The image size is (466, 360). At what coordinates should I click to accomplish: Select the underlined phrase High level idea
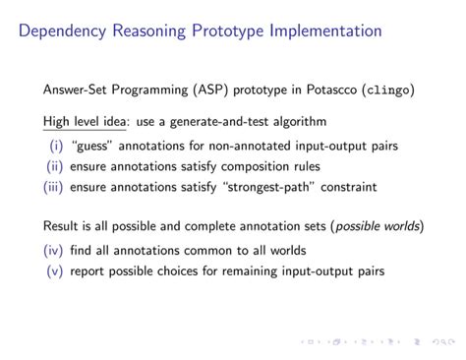point(85,123)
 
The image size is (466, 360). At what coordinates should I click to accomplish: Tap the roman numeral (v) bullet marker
point(55,270)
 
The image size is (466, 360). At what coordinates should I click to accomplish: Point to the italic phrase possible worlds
point(378,227)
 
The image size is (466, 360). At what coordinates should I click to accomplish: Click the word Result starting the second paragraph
point(62,227)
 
